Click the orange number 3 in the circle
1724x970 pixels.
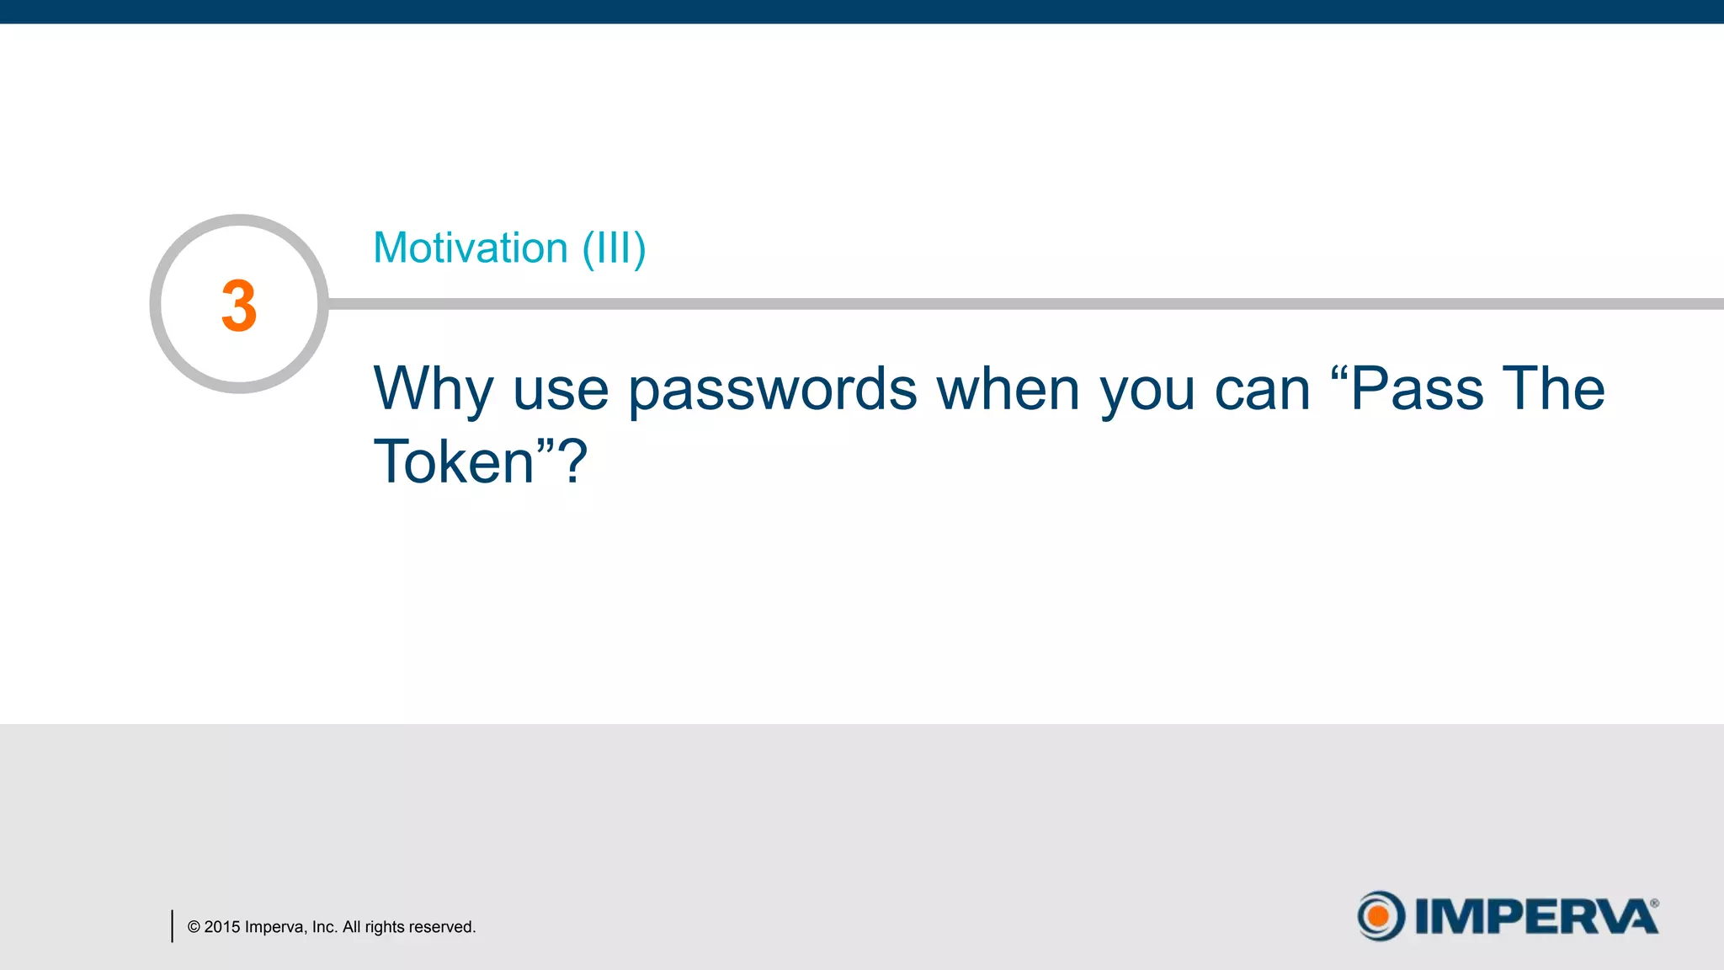click(x=239, y=306)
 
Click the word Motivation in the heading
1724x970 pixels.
click(x=471, y=248)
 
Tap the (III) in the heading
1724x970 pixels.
click(x=614, y=249)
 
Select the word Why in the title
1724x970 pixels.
click(x=433, y=390)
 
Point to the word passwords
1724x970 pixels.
click(x=772, y=390)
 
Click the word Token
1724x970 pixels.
click(x=455, y=462)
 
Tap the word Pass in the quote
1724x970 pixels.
click(x=1418, y=389)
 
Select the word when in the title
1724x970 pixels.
click(x=1008, y=390)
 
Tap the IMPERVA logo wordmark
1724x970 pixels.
click(x=1535, y=916)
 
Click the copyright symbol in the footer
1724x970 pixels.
click(x=194, y=927)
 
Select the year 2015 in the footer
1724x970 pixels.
click(x=222, y=927)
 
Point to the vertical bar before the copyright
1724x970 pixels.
click(x=172, y=925)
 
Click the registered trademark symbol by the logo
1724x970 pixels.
click(x=1654, y=903)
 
